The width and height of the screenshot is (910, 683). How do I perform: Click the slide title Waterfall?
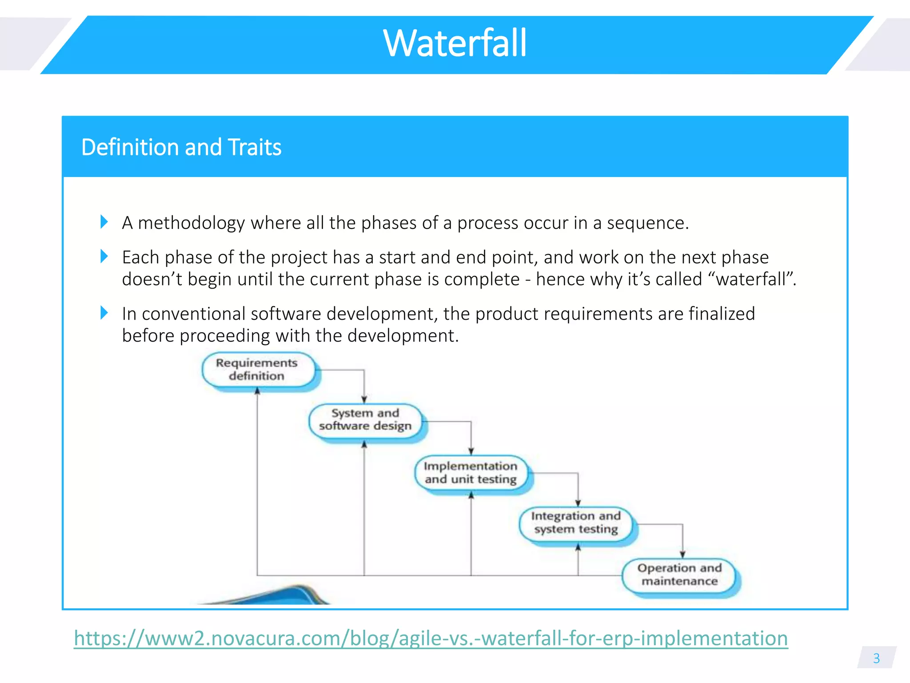[455, 43]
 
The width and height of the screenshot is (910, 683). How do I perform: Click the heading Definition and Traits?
[181, 147]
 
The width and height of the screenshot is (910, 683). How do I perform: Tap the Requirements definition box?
[257, 370]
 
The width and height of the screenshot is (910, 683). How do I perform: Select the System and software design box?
[365, 419]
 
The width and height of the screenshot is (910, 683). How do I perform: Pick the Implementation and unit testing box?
[471, 473]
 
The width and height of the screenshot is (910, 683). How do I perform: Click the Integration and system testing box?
[576, 522]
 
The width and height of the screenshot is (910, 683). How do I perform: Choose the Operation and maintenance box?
[679, 575]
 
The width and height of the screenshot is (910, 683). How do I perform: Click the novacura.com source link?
[431, 638]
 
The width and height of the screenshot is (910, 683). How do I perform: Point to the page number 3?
[876, 658]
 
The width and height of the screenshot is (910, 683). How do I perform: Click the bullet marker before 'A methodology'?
[104, 221]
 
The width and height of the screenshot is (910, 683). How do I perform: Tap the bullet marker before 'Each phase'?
[104, 256]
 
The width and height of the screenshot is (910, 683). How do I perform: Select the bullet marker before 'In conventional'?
[104, 313]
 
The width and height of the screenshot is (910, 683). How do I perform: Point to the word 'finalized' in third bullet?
[722, 314]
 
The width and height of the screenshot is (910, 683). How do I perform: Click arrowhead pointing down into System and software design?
[364, 399]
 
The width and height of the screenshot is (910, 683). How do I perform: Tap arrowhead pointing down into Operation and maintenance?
[682, 554]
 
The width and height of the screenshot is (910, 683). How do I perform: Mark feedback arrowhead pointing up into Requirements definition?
[257, 391]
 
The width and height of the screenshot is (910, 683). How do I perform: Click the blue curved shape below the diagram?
[284, 596]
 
